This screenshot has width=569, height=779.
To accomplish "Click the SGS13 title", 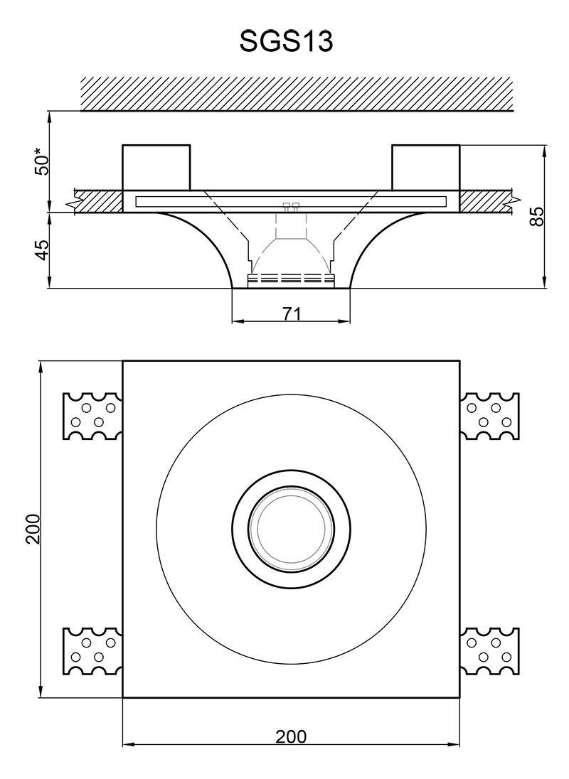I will pyautogui.click(x=287, y=42).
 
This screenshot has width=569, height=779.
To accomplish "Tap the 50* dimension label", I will pyautogui.click(x=43, y=161).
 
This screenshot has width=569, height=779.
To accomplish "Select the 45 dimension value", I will pyautogui.click(x=43, y=249).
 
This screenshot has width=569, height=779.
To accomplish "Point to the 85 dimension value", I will pyautogui.click(x=538, y=216).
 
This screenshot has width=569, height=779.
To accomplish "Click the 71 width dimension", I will pyautogui.click(x=291, y=313).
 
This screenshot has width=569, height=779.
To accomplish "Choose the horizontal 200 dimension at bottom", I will pyautogui.click(x=291, y=737).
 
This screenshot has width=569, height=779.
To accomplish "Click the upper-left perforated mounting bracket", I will pyautogui.click(x=93, y=416).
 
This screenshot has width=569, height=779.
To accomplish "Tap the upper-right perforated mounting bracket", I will pyautogui.click(x=489, y=416).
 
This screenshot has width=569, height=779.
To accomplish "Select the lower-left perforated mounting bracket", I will pyautogui.click(x=93, y=652).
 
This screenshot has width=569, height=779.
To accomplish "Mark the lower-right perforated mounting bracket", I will pyautogui.click(x=489, y=652).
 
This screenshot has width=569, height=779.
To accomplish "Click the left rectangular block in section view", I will pyautogui.click(x=156, y=168).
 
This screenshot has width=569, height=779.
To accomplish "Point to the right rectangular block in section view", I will pyautogui.click(x=425, y=168).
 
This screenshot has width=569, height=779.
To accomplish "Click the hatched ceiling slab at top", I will pyautogui.click(x=297, y=93).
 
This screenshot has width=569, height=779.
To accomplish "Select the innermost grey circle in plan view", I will pyautogui.click(x=291, y=530).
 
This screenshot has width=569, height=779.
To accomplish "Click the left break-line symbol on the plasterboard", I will pyautogui.click(x=72, y=205).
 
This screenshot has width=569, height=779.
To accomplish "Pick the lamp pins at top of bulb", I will pyautogui.click(x=291, y=207).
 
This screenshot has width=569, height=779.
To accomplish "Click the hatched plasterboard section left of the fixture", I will pyautogui.click(x=100, y=201).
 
